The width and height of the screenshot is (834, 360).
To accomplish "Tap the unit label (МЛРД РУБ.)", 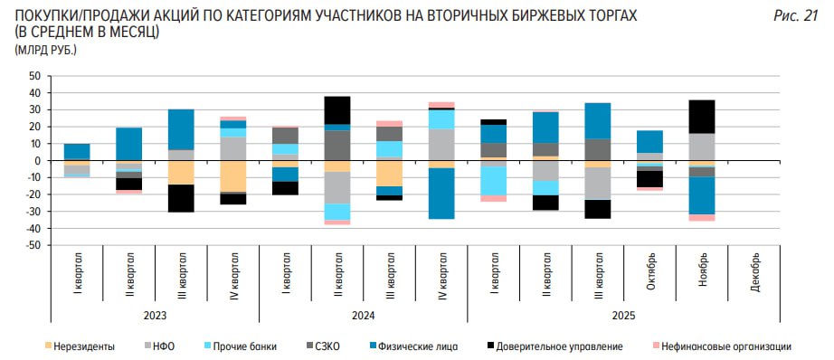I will [x=45, y=49].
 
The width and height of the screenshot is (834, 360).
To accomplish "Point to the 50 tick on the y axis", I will [x=36, y=76].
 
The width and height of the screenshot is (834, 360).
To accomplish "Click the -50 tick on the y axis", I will [x=33, y=245].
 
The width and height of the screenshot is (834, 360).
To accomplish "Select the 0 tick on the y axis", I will [x=39, y=161].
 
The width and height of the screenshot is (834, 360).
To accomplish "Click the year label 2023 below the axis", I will [x=155, y=315].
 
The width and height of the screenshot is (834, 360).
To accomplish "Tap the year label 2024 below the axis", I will [x=363, y=315].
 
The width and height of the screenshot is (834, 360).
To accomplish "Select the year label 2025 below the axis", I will [x=623, y=315].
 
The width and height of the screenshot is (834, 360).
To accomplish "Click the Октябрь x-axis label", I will [x=650, y=270].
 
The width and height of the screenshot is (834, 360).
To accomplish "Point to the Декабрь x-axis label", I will [x=754, y=270].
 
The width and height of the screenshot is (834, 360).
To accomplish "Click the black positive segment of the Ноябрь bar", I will [x=702, y=117].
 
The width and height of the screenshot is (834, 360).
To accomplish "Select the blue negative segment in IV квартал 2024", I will [x=441, y=194].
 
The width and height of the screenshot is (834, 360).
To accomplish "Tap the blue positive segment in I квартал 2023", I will [x=77, y=151].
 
